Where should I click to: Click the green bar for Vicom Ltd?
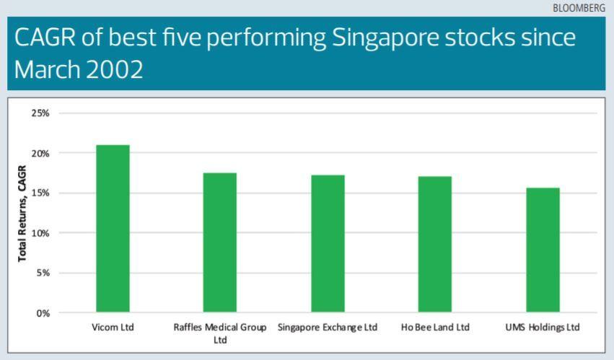[113, 229]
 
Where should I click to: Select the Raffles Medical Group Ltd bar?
[219, 242]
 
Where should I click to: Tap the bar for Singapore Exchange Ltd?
[328, 244]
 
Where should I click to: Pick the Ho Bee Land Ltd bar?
[435, 245]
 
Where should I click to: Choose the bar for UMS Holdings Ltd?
[543, 250]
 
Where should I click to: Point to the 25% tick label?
[40, 113]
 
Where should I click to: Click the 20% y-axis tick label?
[40, 153]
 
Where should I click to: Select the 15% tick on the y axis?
[40, 193]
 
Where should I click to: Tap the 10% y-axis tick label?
[40, 233]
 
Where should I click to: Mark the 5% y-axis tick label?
[42, 273]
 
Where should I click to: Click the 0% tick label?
[42, 313]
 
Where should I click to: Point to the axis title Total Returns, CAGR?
[22, 214]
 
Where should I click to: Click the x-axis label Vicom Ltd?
[113, 328]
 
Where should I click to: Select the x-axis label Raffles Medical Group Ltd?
[220, 333]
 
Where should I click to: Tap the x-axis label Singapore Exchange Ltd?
[328, 328]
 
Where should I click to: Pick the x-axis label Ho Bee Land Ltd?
[435, 328]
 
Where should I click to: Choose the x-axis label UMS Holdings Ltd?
[543, 328]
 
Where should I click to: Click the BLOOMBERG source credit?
[579, 7]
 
